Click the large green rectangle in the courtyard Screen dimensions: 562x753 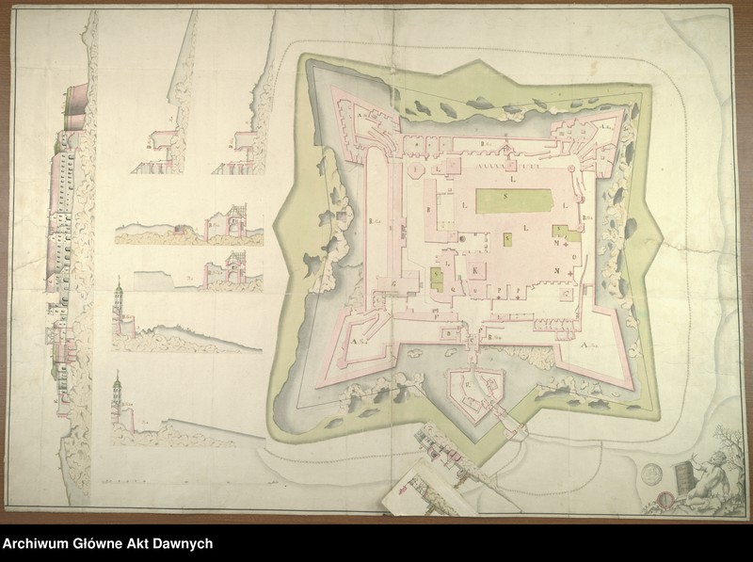(513, 201)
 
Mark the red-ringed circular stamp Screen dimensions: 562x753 (665, 496)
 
